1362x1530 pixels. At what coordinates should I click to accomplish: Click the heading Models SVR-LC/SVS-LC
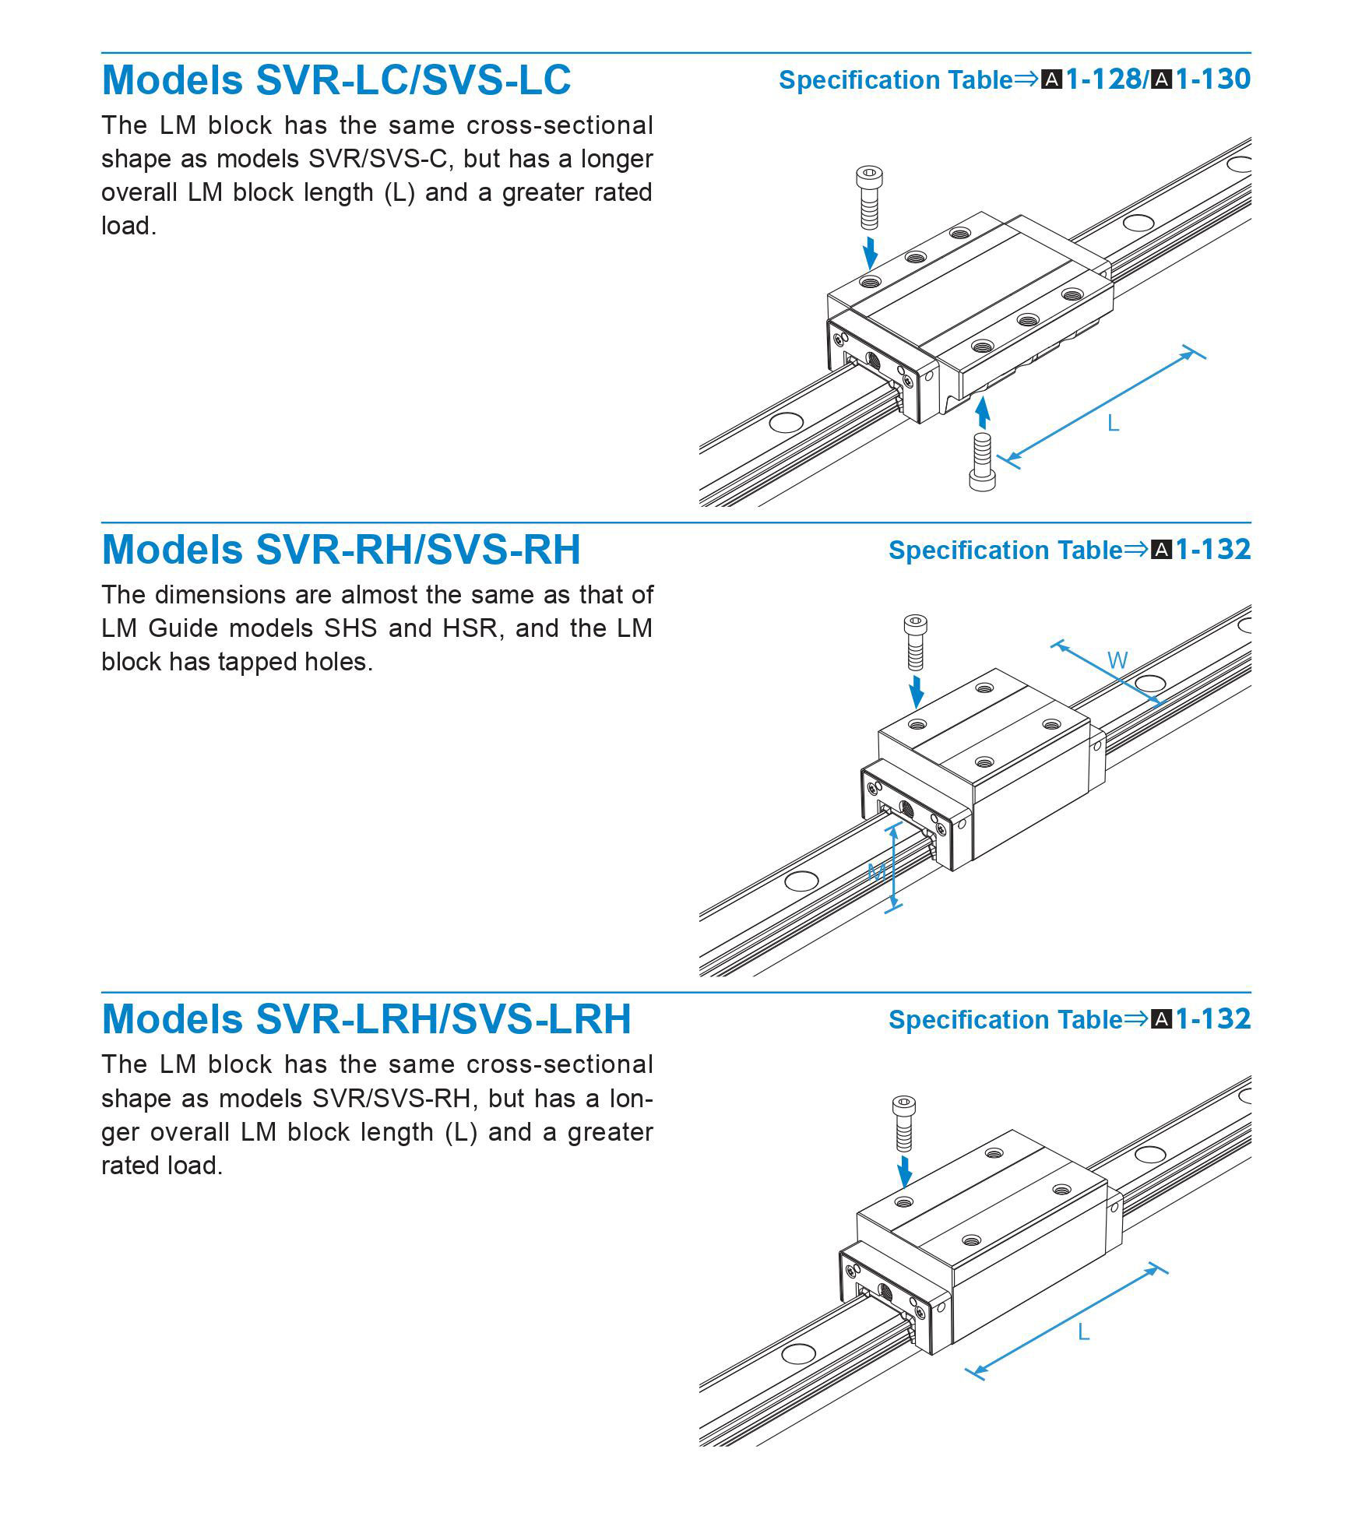(336, 79)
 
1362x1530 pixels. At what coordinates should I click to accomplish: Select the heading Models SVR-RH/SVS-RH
(341, 550)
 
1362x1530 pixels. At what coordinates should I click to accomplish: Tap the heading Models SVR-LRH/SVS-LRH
(366, 1019)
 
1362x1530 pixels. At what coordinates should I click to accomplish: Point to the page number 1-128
(1103, 79)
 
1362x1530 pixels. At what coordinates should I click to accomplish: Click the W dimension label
(1117, 660)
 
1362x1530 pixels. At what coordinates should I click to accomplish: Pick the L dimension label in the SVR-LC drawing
(1113, 424)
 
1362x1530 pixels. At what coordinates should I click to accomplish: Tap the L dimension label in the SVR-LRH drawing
(1083, 1332)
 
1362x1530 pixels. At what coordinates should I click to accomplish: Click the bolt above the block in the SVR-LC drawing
(869, 198)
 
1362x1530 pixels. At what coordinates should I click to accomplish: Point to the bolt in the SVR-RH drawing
(916, 642)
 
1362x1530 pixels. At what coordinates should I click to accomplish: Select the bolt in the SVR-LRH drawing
(904, 1123)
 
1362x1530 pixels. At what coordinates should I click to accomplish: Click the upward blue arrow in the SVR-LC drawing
(983, 412)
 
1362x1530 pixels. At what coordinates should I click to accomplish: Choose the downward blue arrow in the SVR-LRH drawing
(904, 1170)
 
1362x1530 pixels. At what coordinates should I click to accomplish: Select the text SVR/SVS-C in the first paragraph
(382, 159)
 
